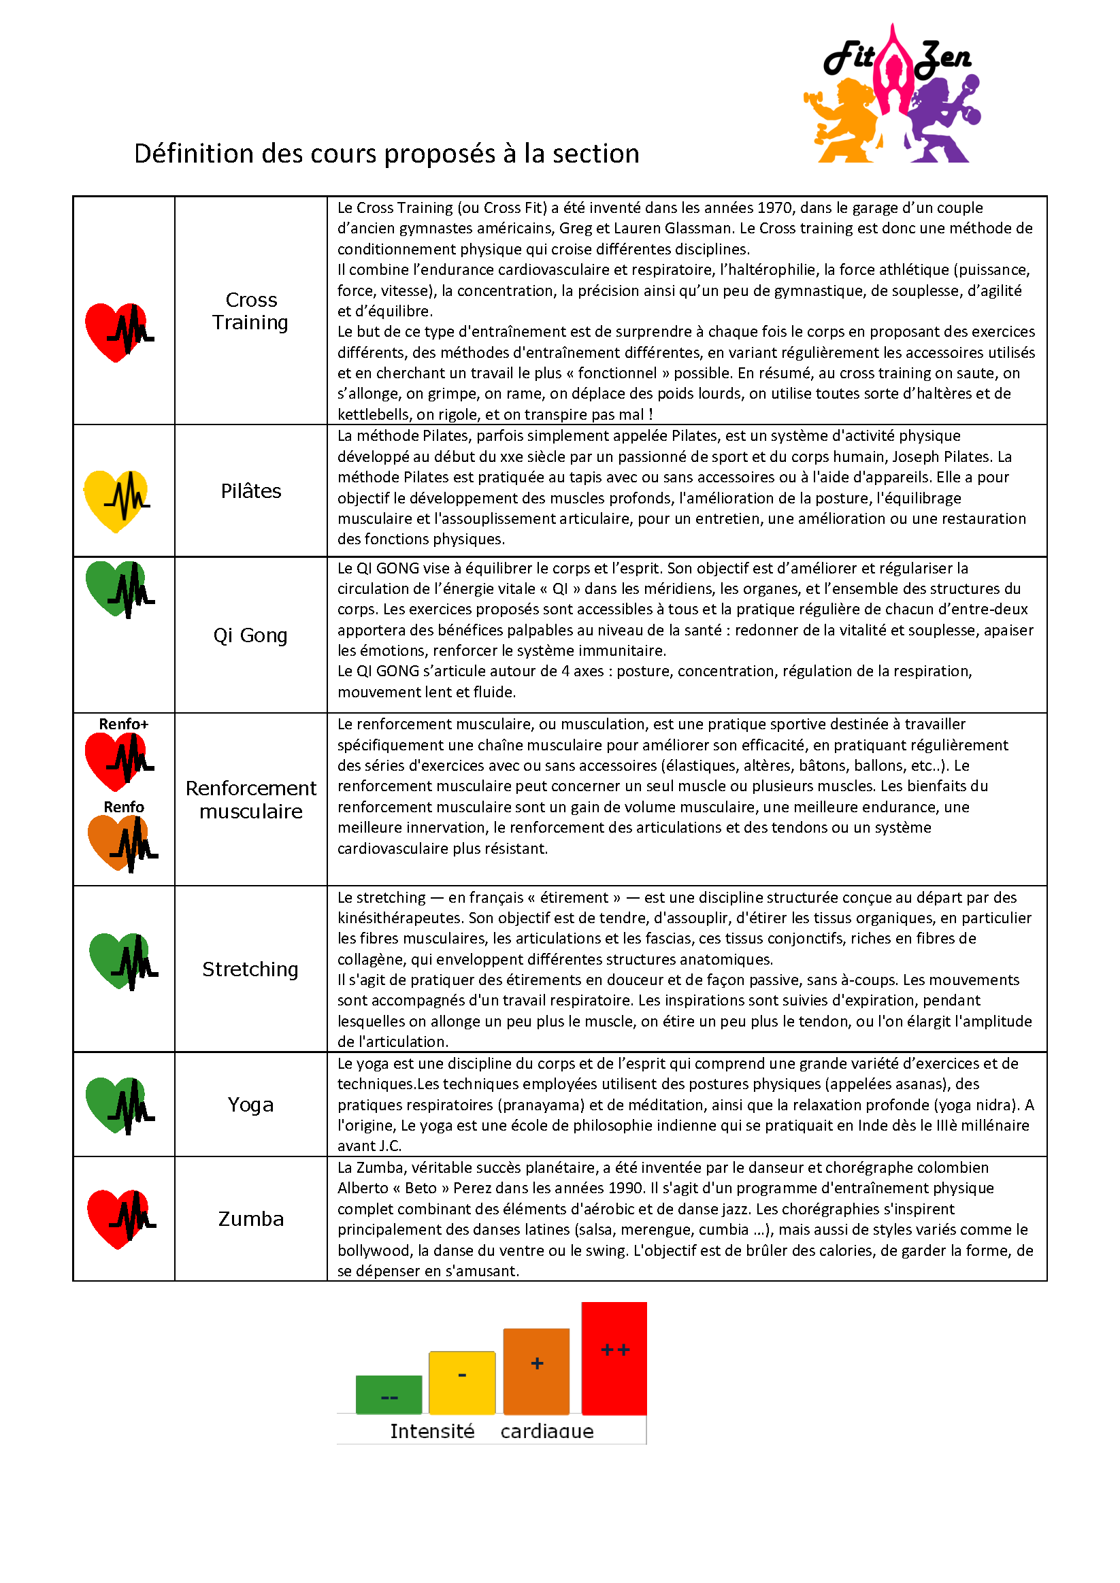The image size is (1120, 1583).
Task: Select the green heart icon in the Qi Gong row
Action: [x=117, y=588]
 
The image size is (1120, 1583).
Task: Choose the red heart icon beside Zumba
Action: [x=119, y=1218]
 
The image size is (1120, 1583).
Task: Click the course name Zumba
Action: [x=251, y=1219]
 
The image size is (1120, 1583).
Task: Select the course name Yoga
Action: [x=251, y=1105]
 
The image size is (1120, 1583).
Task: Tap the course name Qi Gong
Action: [x=250, y=635]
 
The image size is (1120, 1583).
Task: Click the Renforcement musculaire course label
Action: [x=251, y=800]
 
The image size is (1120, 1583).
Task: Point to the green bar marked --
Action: [x=389, y=1394]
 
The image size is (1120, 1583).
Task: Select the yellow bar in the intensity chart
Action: [x=462, y=1382]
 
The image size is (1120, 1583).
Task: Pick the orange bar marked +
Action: [x=537, y=1371]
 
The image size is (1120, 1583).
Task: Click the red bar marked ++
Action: [x=614, y=1358]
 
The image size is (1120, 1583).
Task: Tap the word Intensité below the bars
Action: [x=432, y=1431]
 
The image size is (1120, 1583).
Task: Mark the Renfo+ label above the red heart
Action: [x=123, y=724]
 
